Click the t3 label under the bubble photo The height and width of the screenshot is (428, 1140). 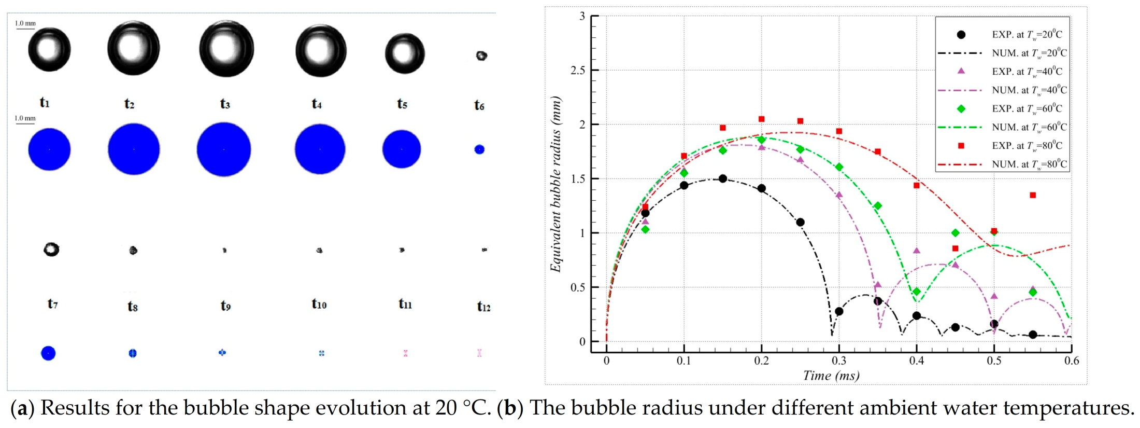tap(225, 104)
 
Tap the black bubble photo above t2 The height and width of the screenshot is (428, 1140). tap(133, 48)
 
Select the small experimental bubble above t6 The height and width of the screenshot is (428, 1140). tap(481, 56)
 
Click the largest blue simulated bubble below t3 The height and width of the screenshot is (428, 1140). tap(224, 149)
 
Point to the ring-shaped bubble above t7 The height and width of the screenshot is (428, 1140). tap(51, 250)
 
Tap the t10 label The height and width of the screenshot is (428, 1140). tap(319, 303)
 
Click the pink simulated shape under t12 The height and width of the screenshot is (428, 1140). tap(479, 353)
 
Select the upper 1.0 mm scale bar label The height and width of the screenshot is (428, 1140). tap(25, 23)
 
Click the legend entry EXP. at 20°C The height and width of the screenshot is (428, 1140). tap(1026, 34)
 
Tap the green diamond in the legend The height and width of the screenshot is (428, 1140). tap(961, 108)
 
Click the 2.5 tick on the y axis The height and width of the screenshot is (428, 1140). tap(578, 70)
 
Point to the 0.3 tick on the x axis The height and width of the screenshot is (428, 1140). tap(839, 361)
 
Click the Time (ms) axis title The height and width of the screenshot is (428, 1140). tap(831, 376)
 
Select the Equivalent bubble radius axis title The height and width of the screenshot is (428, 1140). tap(555, 184)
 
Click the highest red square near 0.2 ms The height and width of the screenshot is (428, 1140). tap(761, 119)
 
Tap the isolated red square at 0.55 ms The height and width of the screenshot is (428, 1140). tap(1033, 195)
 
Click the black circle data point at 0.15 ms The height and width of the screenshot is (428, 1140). tap(723, 178)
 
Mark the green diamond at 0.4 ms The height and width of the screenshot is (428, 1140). tap(917, 292)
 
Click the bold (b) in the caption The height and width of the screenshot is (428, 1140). tap(510, 408)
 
